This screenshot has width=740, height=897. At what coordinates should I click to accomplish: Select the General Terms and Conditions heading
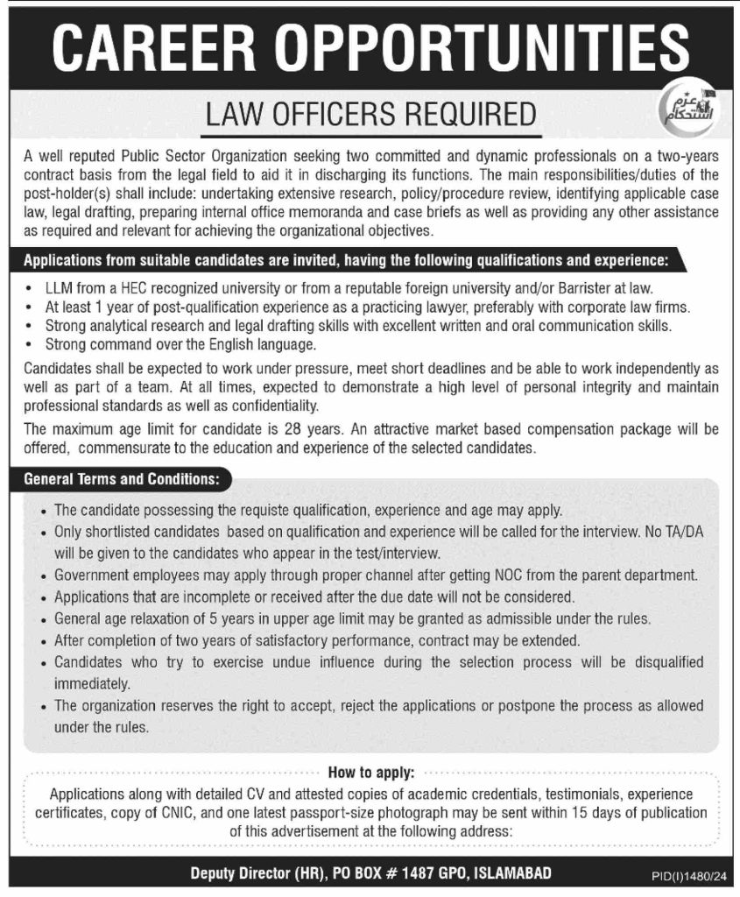pos(123,479)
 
